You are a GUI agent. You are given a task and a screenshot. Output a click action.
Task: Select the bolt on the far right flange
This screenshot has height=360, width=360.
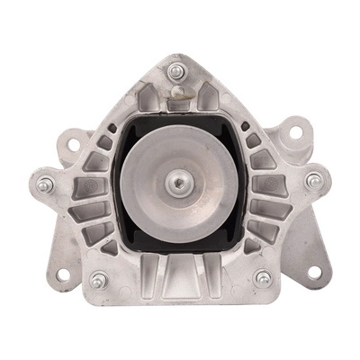pos(313,180)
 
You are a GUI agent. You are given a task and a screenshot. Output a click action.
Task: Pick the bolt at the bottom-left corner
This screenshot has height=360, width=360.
pos(98,281)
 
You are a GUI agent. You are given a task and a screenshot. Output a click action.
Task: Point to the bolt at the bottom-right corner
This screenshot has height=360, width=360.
pos(263,279)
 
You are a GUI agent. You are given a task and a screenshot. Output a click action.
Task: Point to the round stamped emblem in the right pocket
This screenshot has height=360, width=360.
pos(265,185)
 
